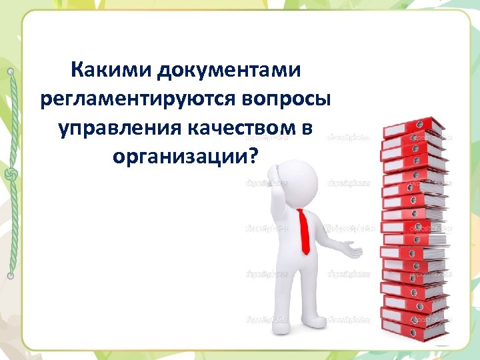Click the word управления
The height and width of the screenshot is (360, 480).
[x=117, y=128]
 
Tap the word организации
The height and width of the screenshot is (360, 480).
[x=181, y=157]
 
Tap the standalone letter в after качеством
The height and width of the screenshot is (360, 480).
[x=305, y=128]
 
